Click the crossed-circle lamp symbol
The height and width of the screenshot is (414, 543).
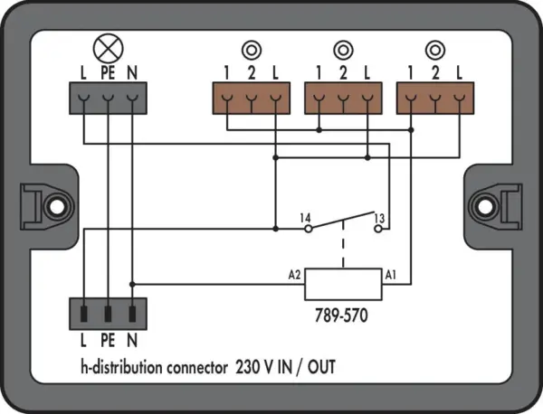tap(109, 49)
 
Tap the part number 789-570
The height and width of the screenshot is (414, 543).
tap(341, 315)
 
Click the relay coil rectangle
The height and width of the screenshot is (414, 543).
tap(343, 285)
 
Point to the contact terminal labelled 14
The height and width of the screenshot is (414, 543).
tap(309, 229)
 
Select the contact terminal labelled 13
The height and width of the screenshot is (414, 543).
tap(378, 229)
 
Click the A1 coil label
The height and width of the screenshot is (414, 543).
tap(390, 276)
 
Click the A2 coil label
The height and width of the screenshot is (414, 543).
tap(294, 276)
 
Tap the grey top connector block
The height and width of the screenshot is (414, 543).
tap(108, 99)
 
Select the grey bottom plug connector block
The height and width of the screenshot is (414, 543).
tap(108, 314)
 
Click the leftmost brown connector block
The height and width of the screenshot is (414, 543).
tap(252, 99)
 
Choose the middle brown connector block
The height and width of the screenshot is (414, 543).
tap(343, 99)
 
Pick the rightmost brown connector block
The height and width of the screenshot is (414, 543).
tap(435, 99)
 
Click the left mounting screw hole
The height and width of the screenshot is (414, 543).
tap(57, 207)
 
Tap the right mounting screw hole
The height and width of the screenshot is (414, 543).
tap(485, 207)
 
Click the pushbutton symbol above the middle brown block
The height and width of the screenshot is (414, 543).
tap(343, 50)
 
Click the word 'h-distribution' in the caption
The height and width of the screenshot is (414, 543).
tap(122, 367)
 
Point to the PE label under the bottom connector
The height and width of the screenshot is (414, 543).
tap(108, 341)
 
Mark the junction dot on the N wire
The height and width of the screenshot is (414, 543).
tap(132, 285)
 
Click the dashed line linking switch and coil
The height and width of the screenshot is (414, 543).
tap(343, 243)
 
